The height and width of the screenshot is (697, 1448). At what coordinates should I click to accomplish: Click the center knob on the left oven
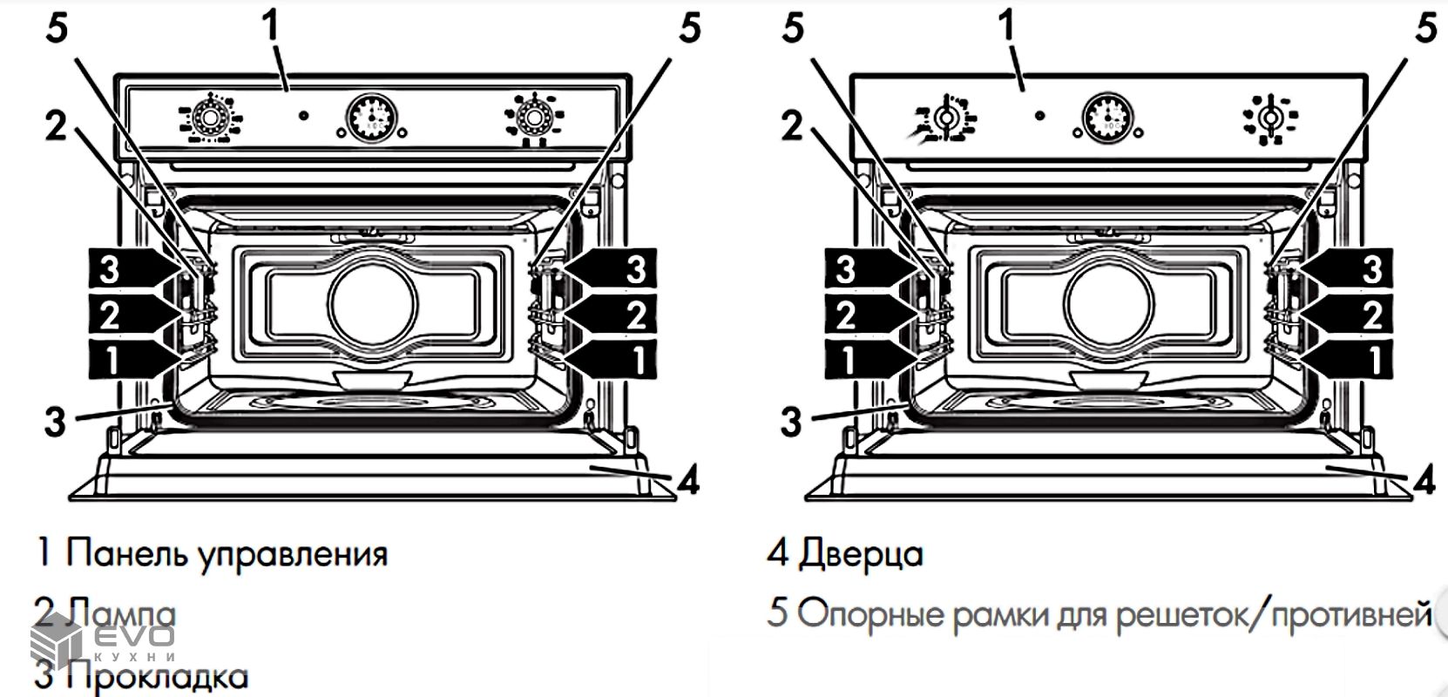(x=371, y=116)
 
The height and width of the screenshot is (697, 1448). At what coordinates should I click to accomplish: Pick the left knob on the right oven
(x=944, y=117)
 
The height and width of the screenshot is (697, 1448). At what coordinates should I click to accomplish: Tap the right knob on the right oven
(x=1271, y=117)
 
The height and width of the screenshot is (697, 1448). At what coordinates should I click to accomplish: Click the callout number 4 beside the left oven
(x=688, y=479)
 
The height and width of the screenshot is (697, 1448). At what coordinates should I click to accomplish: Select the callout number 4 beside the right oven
(x=1424, y=479)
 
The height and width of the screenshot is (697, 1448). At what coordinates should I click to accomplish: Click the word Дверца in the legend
(x=860, y=554)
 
